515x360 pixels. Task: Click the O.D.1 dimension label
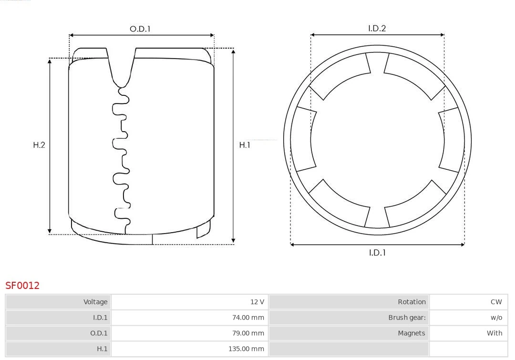tap(140, 29)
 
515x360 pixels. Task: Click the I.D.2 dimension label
tap(377, 28)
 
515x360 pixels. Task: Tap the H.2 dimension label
tap(39, 145)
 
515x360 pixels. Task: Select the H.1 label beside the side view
tap(245, 145)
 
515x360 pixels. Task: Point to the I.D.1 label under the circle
tap(377, 253)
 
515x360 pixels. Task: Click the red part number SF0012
tap(22, 286)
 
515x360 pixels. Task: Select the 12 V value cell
tap(257, 302)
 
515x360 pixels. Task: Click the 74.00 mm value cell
tap(247, 318)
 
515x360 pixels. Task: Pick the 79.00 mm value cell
tap(247, 333)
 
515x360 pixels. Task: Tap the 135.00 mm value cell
tap(246, 349)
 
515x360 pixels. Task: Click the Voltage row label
tap(95, 302)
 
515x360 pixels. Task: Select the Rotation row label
tap(412, 302)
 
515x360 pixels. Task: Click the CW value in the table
tap(496, 302)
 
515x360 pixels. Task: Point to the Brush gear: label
tap(407, 318)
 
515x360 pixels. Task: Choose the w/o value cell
tap(496, 318)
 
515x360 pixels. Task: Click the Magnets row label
tap(411, 333)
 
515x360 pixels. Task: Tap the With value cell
tap(494, 333)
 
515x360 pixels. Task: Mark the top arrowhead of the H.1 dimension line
tap(233, 51)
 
